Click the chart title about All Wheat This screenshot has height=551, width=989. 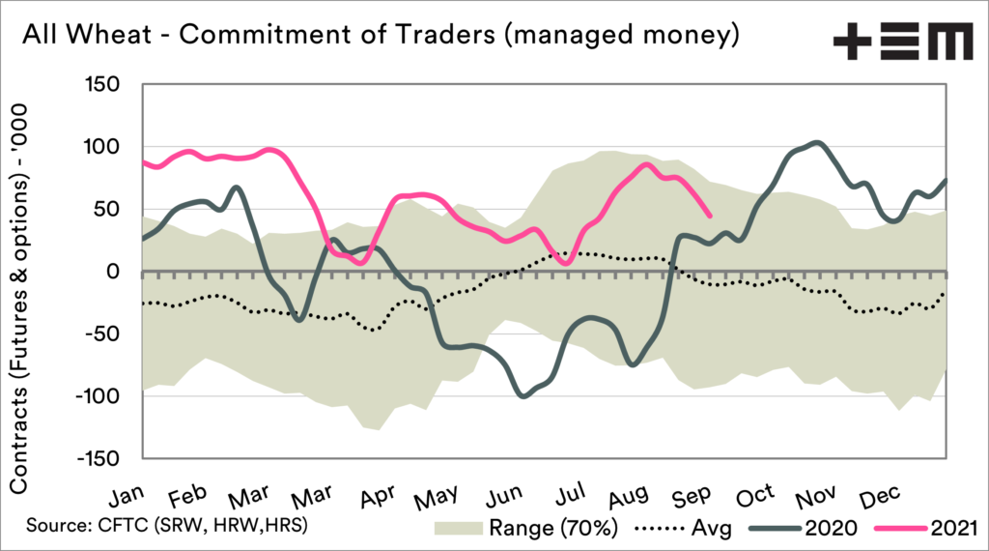pyautogui.click(x=381, y=36)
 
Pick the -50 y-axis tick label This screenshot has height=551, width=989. pyautogui.click(x=111, y=333)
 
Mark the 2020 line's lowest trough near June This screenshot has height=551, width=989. pyautogui.click(x=523, y=395)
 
